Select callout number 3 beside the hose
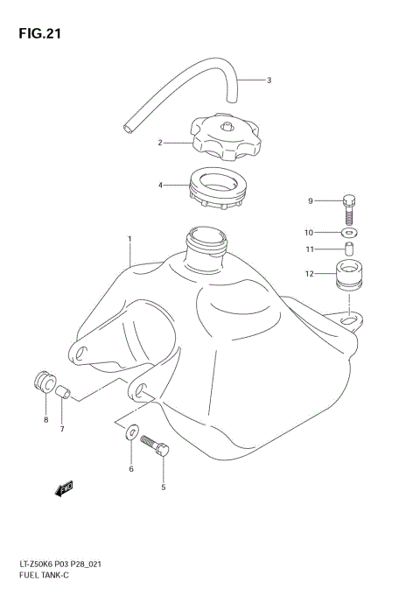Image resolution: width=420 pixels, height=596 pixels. point(269,81)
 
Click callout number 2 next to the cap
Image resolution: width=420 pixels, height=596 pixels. point(160,142)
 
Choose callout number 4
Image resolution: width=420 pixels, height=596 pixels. point(160,185)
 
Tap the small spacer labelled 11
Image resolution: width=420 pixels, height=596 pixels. point(348,251)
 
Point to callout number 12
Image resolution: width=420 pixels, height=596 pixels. point(309,274)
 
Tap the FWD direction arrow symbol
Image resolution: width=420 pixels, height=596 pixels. point(64,490)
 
